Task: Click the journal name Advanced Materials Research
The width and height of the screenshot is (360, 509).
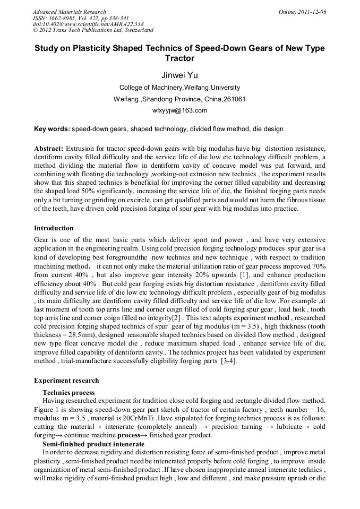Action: coord(69,12)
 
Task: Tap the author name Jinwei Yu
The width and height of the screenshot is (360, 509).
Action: coord(179,75)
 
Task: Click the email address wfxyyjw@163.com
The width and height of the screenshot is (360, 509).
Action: coord(179,110)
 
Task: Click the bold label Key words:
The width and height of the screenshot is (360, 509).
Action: coord(52,129)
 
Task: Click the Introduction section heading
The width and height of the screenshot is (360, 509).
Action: coord(54,228)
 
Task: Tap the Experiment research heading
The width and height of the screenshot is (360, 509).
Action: coord(66,381)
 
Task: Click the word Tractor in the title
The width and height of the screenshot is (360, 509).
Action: coord(179,58)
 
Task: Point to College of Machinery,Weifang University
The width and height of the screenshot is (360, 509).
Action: coord(179,88)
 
